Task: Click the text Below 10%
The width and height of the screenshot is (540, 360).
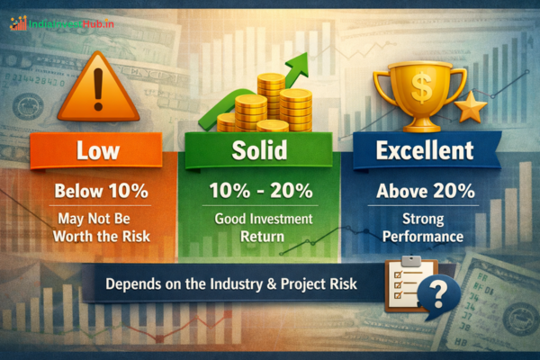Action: [98, 191]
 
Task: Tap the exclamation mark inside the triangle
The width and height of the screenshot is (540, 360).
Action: [98, 85]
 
